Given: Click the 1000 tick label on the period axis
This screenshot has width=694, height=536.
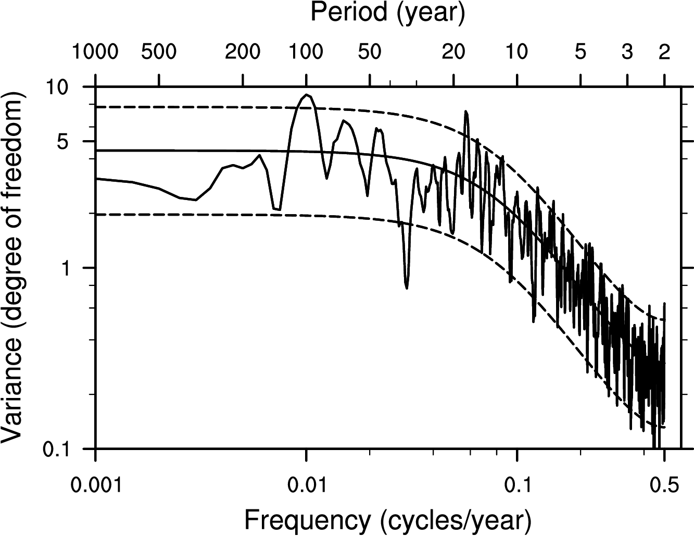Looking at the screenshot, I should click(x=96, y=52).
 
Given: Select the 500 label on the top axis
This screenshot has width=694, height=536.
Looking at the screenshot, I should click(x=159, y=52).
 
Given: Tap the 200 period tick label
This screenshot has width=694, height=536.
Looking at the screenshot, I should click(x=243, y=52).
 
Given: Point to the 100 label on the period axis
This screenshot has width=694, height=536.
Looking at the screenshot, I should click(x=306, y=52).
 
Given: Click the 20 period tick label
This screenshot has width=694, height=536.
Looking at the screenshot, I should click(x=453, y=52).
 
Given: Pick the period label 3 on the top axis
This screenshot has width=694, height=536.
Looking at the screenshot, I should click(x=627, y=52).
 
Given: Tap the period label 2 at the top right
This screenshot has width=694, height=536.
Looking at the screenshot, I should click(x=664, y=52).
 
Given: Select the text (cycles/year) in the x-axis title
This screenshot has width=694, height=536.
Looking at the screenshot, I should click(x=456, y=519).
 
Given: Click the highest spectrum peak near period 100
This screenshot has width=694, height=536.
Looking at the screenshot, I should click(x=307, y=95).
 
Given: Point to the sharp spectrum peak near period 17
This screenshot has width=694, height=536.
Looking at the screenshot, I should click(x=466, y=111).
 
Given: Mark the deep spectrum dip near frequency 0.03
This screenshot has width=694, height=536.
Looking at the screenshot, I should click(x=407, y=288).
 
